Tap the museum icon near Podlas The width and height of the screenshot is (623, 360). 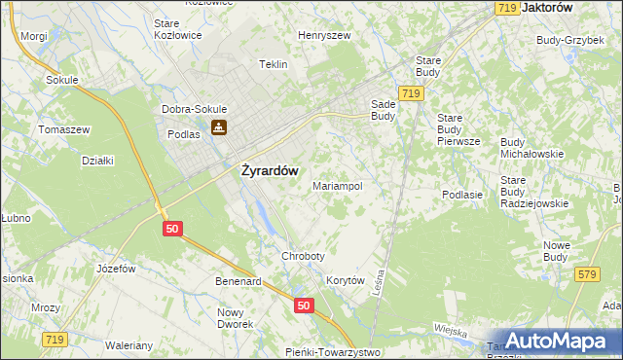pyautogui.click(x=221, y=127)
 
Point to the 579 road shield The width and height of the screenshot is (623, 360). pyautogui.click(x=586, y=276)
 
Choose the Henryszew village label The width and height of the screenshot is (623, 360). pyautogui.click(x=324, y=35)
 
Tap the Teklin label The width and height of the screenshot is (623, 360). pyautogui.click(x=273, y=64)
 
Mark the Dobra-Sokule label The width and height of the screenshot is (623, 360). pyautogui.click(x=196, y=109)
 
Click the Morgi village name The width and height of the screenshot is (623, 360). pyautogui.click(x=34, y=36)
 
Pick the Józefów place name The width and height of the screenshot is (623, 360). pyautogui.click(x=114, y=267)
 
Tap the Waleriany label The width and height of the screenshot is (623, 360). pyautogui.click(x=128, y=345)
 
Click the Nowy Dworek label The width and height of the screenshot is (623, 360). pyautogui.click(x=235, y=318)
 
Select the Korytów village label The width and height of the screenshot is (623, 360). pyautogui.click(x=346, y=280)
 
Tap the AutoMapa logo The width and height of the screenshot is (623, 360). pyautogui.click(x=558, y=341)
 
